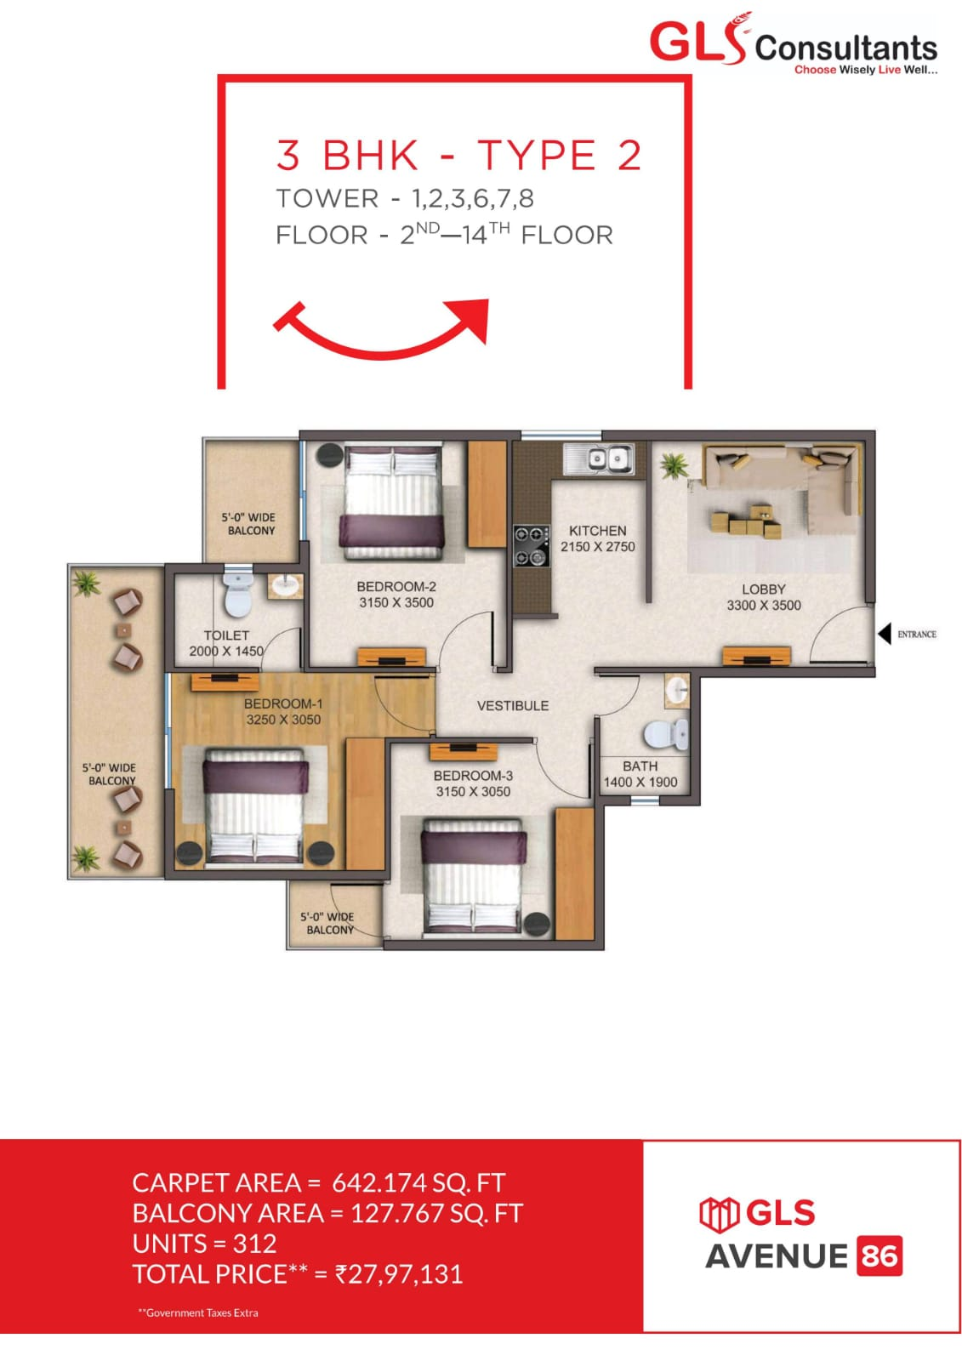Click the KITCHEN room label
[x=597, y=530]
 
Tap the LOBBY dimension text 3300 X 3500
[x=763, y=605]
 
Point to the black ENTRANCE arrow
[x=885, y=634]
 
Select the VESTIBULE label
[x=512, y=705]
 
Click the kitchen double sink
[x=598, y=459]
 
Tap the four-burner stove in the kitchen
[x=530, y=546]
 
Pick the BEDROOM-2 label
[x=396, y=586]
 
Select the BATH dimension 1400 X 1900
[x=640, y=782]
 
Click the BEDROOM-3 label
[x=473, y=775]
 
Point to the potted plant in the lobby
[x=674, y=465]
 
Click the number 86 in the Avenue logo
[x=879, y=1256]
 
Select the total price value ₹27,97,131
[x=399, y=1273]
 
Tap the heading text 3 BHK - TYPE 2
[x=458, y=156]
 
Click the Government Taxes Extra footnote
[x=198, y=1313]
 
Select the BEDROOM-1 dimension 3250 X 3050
[x=283, y=719]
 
